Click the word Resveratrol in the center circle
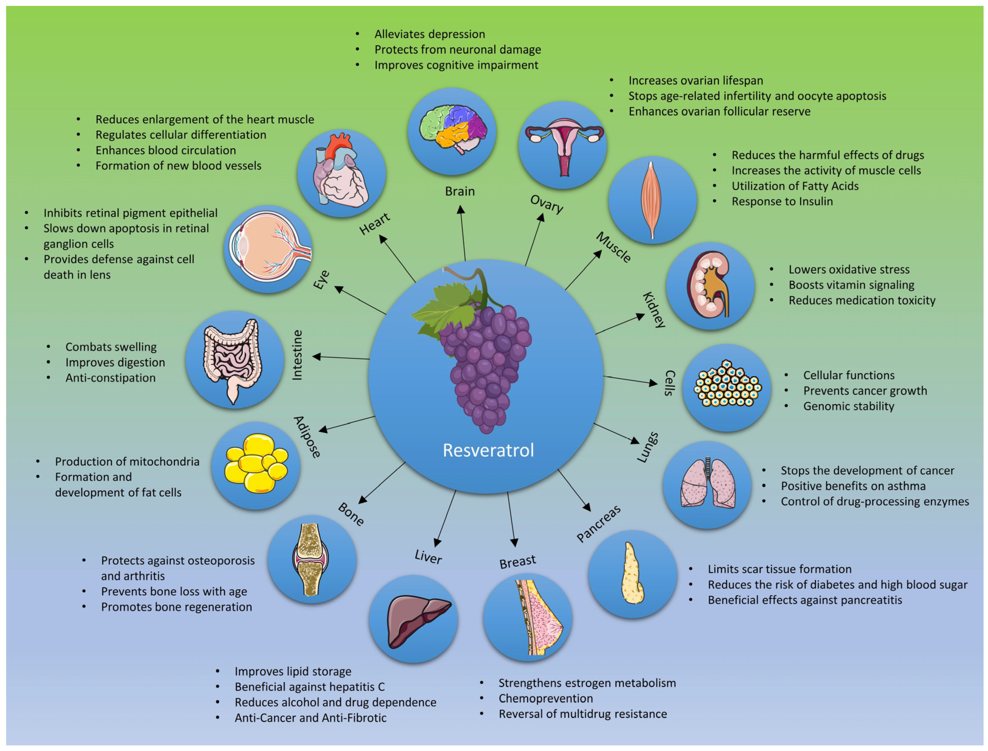click(488, 450)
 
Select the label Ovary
click(546, 204)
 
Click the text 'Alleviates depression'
click(429, 34)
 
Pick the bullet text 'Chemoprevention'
click(546, 698)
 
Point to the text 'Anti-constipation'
click(111, 378)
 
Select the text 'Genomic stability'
click(848, 406)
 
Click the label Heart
click(375, 224)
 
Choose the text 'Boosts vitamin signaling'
click(851, 285)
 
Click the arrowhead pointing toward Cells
click(654, 383)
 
